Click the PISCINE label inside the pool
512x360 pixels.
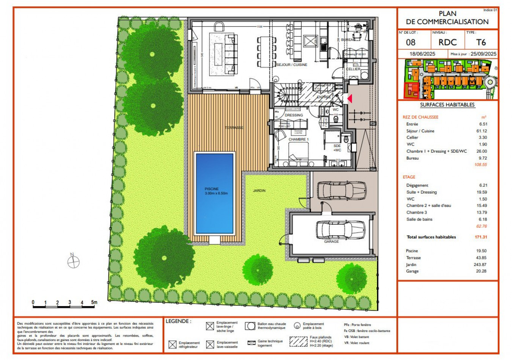212,189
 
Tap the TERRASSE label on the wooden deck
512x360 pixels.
234,128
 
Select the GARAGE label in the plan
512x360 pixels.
331,241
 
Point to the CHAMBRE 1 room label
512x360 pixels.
298,139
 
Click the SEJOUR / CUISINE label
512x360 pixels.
292,65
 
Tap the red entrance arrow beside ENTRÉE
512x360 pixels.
350,99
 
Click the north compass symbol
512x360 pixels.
73,261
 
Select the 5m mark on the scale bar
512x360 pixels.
94,302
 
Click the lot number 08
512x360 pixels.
411,42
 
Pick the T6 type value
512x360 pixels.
481,42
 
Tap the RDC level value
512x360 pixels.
448,42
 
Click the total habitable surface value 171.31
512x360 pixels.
481,237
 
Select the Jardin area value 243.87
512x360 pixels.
480,265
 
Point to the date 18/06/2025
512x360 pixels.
422,54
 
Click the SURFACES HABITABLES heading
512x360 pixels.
447,105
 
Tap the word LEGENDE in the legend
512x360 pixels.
178,321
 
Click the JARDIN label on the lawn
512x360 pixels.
259,191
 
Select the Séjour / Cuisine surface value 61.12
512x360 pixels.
482,131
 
